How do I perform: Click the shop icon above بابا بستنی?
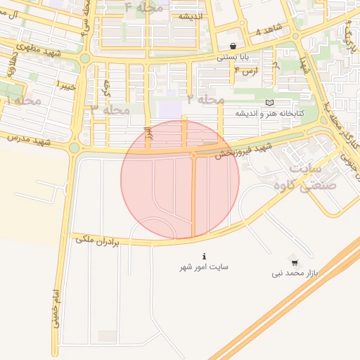point(233,46)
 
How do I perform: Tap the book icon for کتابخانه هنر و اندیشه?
point(269,103)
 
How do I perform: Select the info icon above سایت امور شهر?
point(204,257)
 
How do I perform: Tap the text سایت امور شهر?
point(203,267)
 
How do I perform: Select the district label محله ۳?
point(110,110)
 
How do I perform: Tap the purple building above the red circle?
point(169,110)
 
